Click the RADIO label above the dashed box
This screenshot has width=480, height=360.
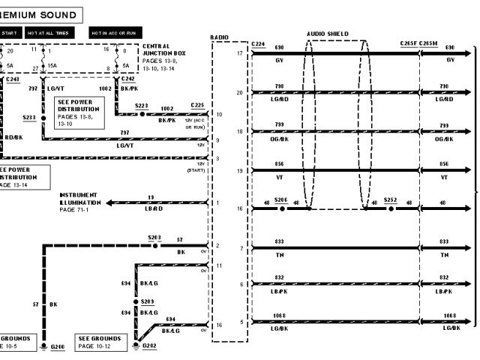[x=220, y=37]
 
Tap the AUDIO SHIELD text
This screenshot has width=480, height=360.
[x=328, y=34]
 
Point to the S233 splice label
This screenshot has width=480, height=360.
[x=29, y=118]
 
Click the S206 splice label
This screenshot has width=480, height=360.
[x=282, y=201]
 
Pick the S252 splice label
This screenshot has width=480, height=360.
[x=390, y=201]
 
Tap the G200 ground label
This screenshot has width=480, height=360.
[x=57, y=347]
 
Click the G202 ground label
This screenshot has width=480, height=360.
[x=148, y=347]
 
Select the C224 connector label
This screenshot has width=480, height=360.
[x=259, y=44]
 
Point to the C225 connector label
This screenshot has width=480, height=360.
[x=197, y=105]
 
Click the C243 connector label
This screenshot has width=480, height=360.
[x=12, y=79]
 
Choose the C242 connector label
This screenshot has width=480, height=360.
[x=127, y=79]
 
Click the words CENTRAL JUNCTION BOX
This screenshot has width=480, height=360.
[x=161, y=51]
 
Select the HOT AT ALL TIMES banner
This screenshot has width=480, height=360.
[x=48, y=34]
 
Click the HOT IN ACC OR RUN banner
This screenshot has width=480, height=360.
[x=114, y=34]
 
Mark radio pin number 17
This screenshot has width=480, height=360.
[x=239, y=53]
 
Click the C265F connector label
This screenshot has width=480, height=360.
[x=409, y=44]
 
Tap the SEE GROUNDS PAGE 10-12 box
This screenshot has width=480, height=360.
[x=99, y=342]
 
